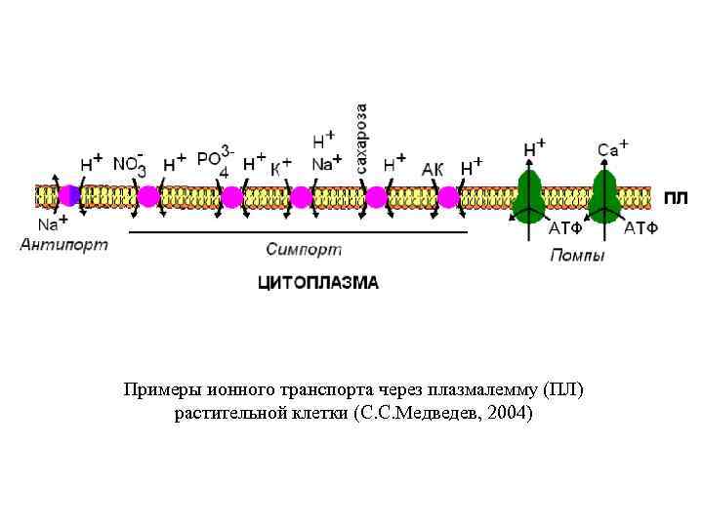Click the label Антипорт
(x=63, y=245)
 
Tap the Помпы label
(x=577, y=256)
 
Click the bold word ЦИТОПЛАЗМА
(x=317, y=284)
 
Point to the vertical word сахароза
(x=362, y=139)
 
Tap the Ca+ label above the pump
(x=612, y=148)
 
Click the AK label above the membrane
(x=433, y=169)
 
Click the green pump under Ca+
(x=605, y=197)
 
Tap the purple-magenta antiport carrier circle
(x=69, y=196)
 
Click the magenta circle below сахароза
(x=376, y=197)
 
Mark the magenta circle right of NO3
(x=147, y=197)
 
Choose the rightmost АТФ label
(x=641, y=229)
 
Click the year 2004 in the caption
(x=508, y=414)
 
